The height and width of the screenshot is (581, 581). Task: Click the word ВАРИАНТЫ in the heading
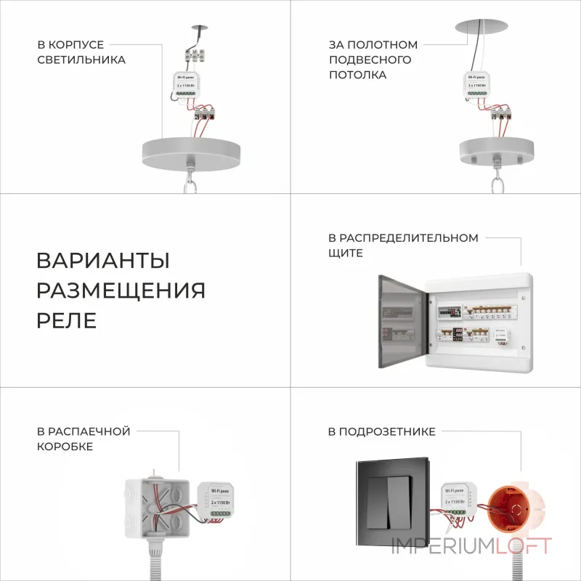tap(103, 261)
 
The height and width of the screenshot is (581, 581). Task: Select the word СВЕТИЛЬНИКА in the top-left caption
tap(81, 60)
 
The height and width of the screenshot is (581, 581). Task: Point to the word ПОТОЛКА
tap(357, 75)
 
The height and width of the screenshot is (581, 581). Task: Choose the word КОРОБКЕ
tap(65, 447)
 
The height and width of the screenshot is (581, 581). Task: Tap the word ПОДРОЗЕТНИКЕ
tap(381, 431)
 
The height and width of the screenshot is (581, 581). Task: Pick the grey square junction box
tap(156, 505)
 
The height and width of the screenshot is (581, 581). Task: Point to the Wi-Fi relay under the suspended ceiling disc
tap(478, 85)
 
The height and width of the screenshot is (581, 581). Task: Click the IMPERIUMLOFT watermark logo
tap(472, 546)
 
